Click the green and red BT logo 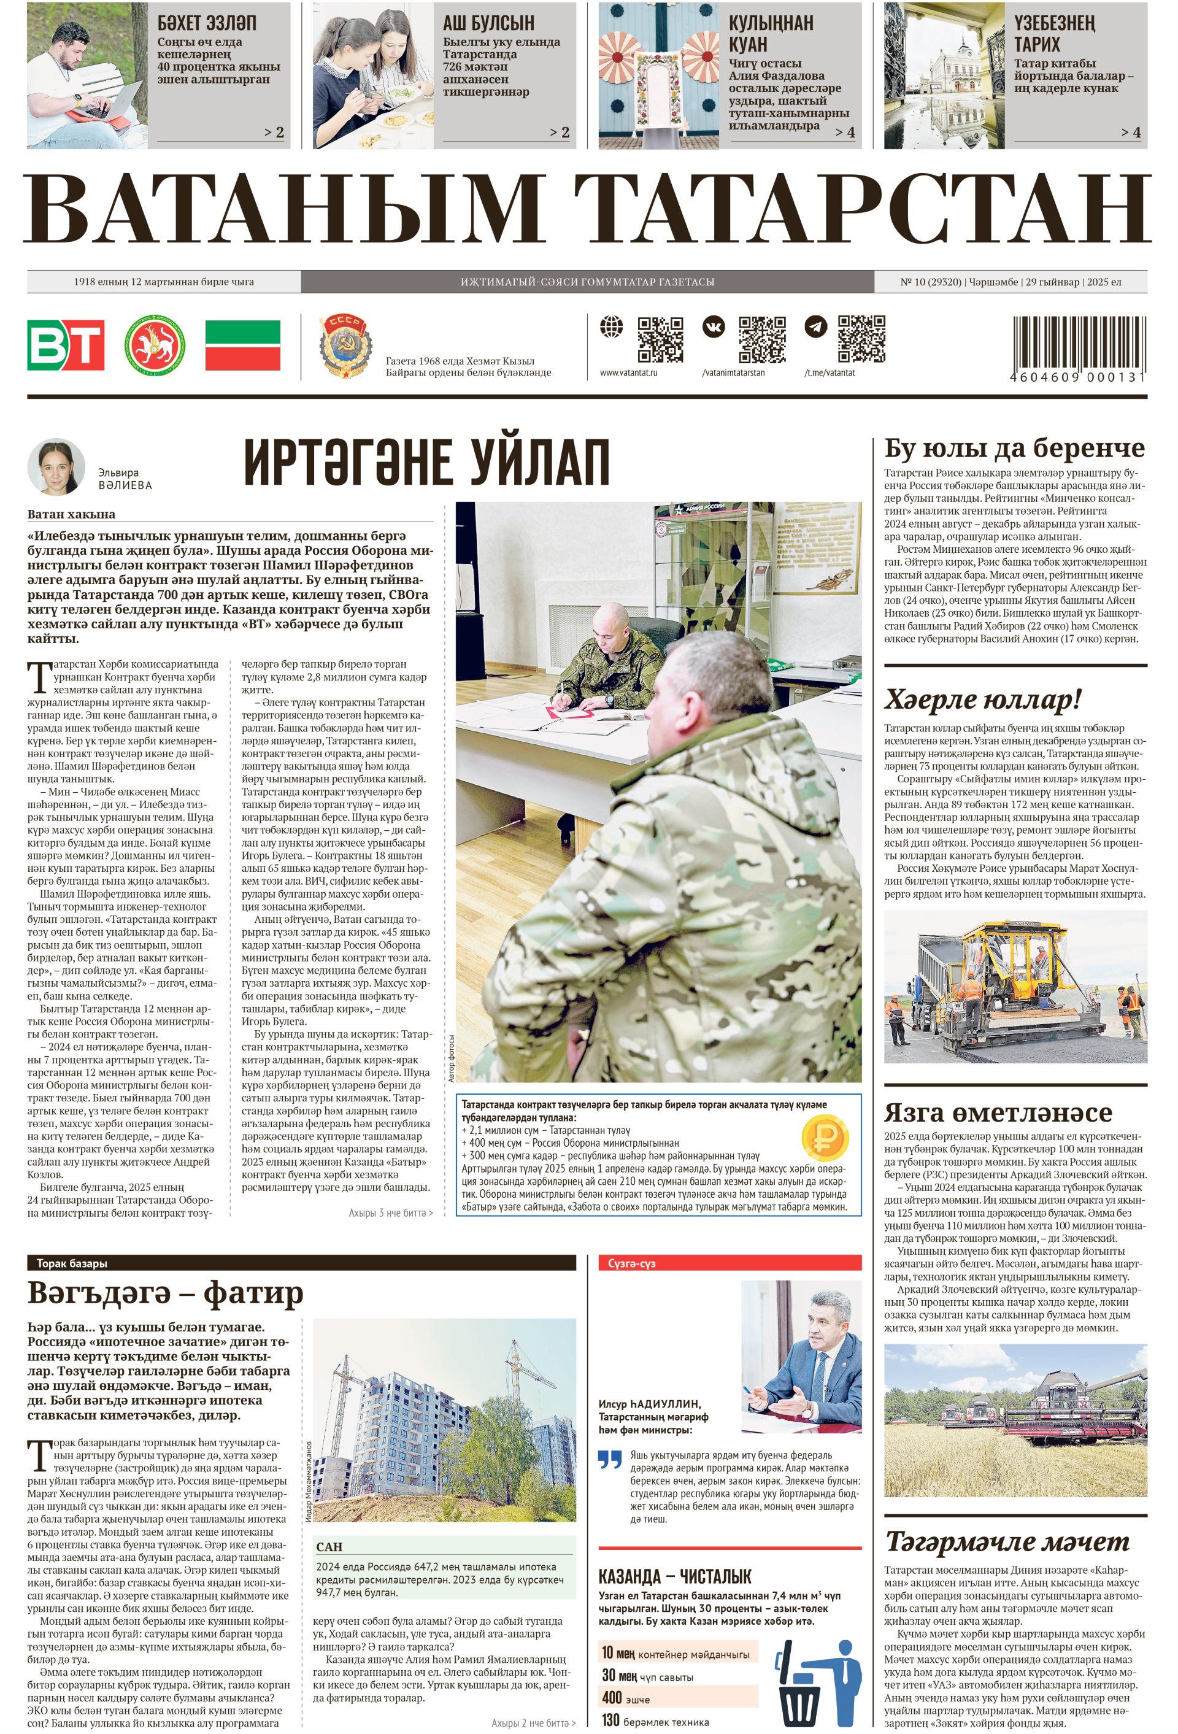coord(66,345)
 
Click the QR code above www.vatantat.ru coord(660,339)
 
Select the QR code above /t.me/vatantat coord(861,339)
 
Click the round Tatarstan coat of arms coord(155,345)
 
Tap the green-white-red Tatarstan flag coord(242,345)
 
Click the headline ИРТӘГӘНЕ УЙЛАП coord(427,463)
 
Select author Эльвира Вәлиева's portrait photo coord(56,466)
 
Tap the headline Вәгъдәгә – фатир coord(166,1292)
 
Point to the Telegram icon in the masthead coord(815,327)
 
